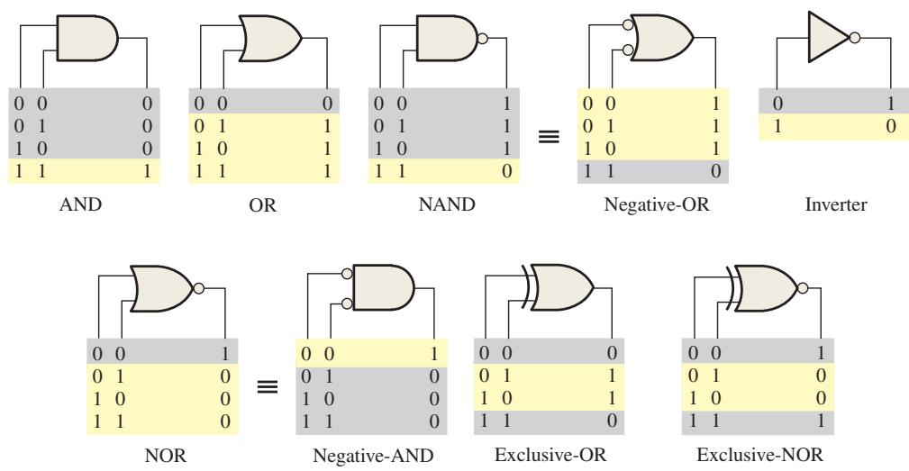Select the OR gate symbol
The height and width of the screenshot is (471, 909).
[270, 38]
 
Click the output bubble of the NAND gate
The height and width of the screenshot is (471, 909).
[482, 38]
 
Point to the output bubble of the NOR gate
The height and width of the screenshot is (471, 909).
[198, 288]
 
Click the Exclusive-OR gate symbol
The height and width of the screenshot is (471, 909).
[557, 288]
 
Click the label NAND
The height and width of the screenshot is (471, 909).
[446, 204]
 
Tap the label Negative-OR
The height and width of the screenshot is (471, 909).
[656, 204]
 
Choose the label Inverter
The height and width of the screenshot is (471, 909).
[836, 204]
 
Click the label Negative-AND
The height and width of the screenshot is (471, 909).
[373, 456]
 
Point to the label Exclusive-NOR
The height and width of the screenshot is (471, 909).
[759, 455]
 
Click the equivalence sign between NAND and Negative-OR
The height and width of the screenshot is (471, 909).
[549, 136]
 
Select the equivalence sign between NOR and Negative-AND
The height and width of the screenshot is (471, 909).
[268, 386]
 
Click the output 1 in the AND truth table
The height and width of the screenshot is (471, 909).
[147, 171]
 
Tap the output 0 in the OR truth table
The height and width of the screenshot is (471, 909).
[328, 104]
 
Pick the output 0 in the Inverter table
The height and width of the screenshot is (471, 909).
[891, 126]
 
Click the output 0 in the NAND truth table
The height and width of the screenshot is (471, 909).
[507, 171]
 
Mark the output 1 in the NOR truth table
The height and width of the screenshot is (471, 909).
[225, 353]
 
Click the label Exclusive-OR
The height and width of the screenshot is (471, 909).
[550, 455]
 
